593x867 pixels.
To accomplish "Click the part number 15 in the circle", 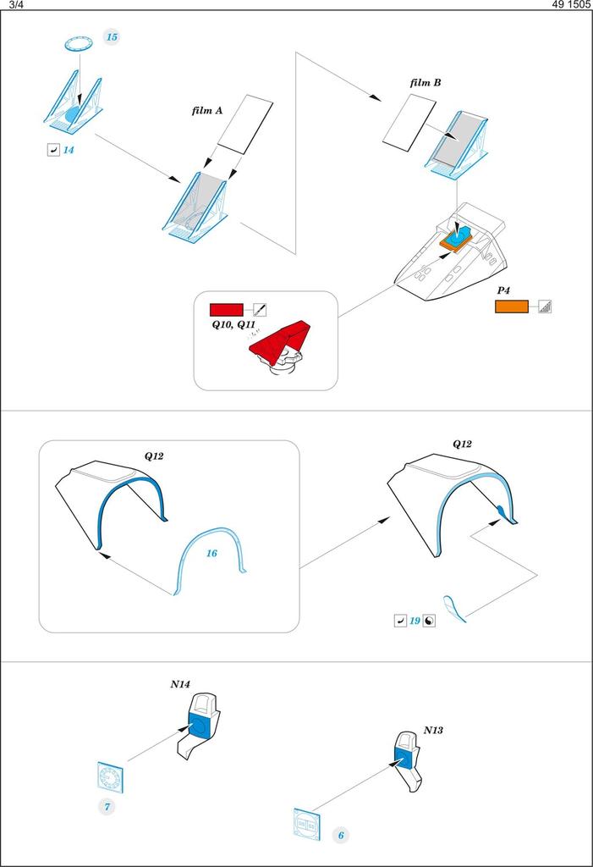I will (x=111, y=36).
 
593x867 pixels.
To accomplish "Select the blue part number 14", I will (x=69, y=150).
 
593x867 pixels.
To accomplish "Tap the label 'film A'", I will (x=206, y=110).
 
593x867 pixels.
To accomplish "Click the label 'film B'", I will (x=424, y=83).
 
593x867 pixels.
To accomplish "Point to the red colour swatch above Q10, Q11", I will (x=226, y=309).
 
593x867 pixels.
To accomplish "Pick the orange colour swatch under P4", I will (x=512, y=306).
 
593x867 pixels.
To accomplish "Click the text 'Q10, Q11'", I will (x=233, y=325).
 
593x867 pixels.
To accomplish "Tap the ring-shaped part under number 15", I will (x=77, y=43).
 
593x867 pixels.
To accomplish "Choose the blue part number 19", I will (x=415, y=621).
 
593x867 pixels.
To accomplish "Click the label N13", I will (x=433, y=729).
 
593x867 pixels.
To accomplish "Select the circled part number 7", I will (x=108, y=806).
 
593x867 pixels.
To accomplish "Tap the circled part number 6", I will (x=341, y=835).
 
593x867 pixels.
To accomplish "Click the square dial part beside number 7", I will (x=110, y=776).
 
